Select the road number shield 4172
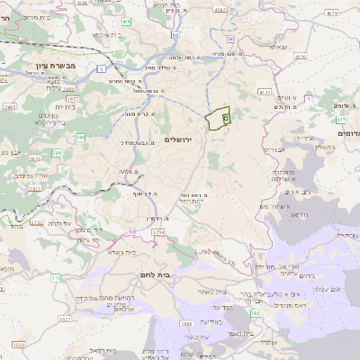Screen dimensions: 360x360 pos(264,92)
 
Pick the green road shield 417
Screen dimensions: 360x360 pos(341,119)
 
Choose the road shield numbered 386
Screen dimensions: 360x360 pos(80,137)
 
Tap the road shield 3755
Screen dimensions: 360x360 pos(37,221)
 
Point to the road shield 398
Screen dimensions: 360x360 pos(255,312)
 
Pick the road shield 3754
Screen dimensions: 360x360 pos(157,231)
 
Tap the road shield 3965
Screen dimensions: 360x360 pos(10,106)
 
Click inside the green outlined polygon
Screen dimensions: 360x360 pos(218,118)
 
